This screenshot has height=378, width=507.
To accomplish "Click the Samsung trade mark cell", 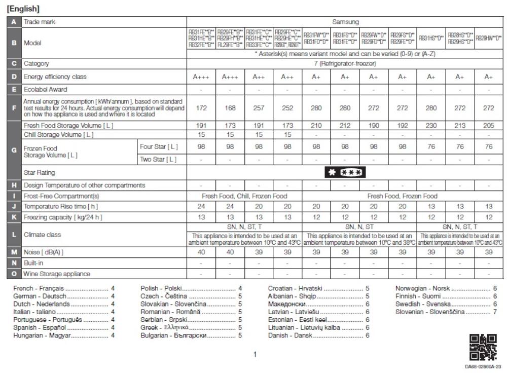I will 345,22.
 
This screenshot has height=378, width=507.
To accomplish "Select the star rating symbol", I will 345,173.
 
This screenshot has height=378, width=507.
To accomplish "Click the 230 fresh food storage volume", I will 431,125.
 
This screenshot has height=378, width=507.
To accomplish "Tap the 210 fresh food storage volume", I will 316,125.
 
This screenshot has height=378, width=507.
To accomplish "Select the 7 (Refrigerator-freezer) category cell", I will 345,63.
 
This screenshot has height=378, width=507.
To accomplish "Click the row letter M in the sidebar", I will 14,252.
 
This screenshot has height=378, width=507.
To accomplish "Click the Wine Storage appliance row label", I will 57,274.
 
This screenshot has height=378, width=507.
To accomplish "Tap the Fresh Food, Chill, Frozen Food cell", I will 244,196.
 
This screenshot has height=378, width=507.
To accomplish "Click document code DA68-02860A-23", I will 483,366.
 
